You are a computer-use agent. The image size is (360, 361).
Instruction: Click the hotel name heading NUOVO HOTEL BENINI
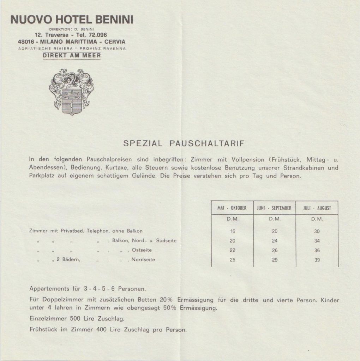[72, 20]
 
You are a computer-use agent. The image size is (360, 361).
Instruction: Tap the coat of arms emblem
[71, 92]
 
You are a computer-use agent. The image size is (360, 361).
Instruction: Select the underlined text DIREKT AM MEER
[72, 55]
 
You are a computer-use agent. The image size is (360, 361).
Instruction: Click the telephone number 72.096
[97, 35]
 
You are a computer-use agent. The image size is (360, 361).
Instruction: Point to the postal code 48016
[26, 41]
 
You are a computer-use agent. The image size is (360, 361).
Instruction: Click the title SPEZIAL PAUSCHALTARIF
[184, 143]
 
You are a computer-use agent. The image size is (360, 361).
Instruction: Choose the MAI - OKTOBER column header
[232, 208]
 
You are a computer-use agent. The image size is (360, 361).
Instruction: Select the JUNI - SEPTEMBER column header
[274, 208]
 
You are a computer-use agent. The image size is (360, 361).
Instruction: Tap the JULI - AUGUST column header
[317, 208]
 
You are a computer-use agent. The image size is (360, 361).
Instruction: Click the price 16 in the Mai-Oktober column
[232, 231]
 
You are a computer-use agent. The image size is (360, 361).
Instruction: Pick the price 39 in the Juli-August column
[317, 260]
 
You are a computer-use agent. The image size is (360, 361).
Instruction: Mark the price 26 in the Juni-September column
[275, 250]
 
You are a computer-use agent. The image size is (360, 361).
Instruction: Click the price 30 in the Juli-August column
[317, 231]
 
